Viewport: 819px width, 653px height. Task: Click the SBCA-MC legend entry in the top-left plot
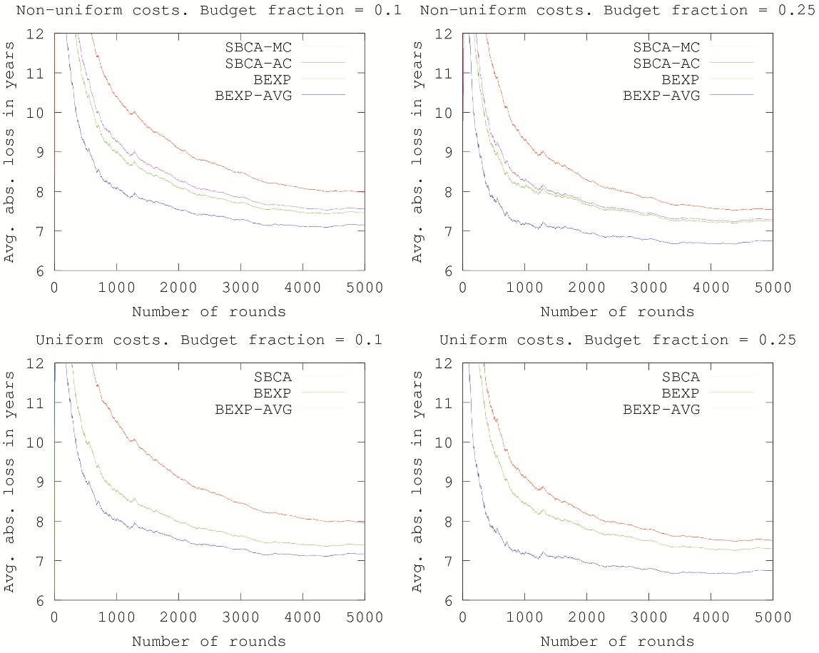pos(275,47)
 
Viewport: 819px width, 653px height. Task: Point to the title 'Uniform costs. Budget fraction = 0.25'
pos(617,340)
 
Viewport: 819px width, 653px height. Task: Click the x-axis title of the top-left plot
pos(209,311)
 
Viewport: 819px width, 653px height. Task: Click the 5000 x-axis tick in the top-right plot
pos(772,288)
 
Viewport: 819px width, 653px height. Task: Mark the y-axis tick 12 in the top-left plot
pos(39,34)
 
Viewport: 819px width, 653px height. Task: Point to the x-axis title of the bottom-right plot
pos(617,641)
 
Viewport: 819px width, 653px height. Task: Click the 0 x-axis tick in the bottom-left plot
pos(54,618)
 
